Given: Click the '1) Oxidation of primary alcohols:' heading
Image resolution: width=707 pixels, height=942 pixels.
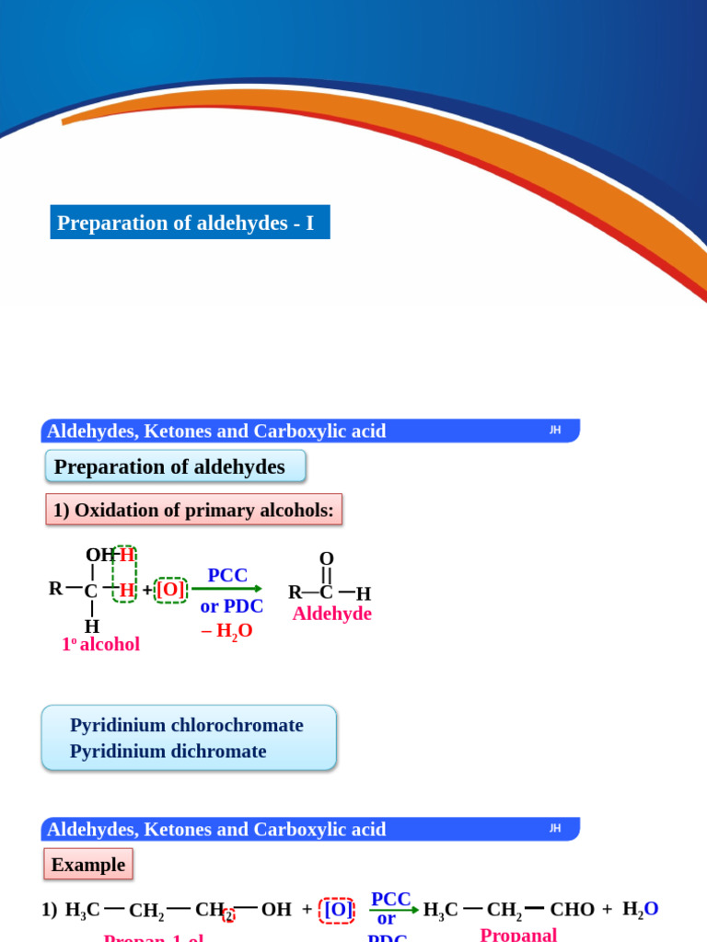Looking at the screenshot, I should pos(193,510).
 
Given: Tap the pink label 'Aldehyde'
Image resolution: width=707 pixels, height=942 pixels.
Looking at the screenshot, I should pos(331,614).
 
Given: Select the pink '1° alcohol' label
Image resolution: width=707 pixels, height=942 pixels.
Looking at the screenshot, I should pos(100,644).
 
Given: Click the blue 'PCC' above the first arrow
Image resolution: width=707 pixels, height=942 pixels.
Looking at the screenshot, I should pos(227,575).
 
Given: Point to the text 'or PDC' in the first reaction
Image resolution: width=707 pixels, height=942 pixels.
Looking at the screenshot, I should pos(231,606).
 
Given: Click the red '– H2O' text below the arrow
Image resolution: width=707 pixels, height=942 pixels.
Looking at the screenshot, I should pos(226,631).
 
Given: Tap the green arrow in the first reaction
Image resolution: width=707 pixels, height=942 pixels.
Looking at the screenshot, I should pos(226,589).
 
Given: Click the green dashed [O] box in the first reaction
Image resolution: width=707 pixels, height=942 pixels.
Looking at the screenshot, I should pos(171,589).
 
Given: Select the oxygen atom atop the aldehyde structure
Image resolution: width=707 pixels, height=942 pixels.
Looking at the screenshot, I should pos(326,558).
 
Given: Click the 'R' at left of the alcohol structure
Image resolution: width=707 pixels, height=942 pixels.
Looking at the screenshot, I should pos(55,588).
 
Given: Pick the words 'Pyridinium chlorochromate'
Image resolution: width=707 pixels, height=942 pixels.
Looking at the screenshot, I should pos(186,725).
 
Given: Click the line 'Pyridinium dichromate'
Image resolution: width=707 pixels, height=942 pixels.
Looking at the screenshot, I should pos(168,752).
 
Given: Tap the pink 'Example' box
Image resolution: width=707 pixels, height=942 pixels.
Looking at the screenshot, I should pos(88,865).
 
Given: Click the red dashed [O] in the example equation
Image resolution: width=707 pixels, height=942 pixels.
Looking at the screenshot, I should pos(338,910).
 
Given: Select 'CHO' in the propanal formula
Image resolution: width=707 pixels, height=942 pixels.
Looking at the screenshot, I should pos(572,910).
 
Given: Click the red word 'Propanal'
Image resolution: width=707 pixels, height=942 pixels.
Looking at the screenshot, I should pos(518,934).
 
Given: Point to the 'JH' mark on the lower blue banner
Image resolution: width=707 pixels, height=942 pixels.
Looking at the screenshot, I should pos(555,828).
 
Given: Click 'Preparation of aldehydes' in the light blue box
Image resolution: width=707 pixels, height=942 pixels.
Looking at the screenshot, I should pos(169,466).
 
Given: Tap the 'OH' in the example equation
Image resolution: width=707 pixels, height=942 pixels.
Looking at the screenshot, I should pos(276,910).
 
